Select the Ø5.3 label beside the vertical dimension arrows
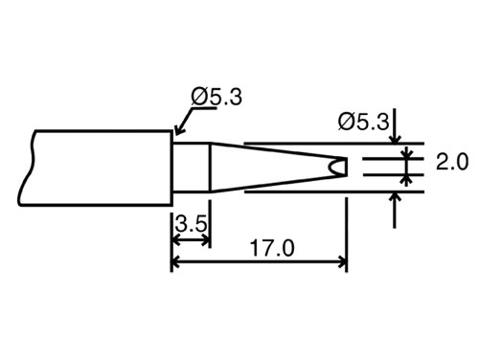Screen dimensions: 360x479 [x=366, y=122]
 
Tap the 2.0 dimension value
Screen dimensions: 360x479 [x=450, y=163]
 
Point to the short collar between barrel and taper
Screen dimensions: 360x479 [x=191, y=168]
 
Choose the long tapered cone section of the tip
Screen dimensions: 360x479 [x=268, y=168]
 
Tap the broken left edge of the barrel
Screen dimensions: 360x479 [x=32, y=168]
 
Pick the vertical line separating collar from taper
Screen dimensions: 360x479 [x=211, y=168]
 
